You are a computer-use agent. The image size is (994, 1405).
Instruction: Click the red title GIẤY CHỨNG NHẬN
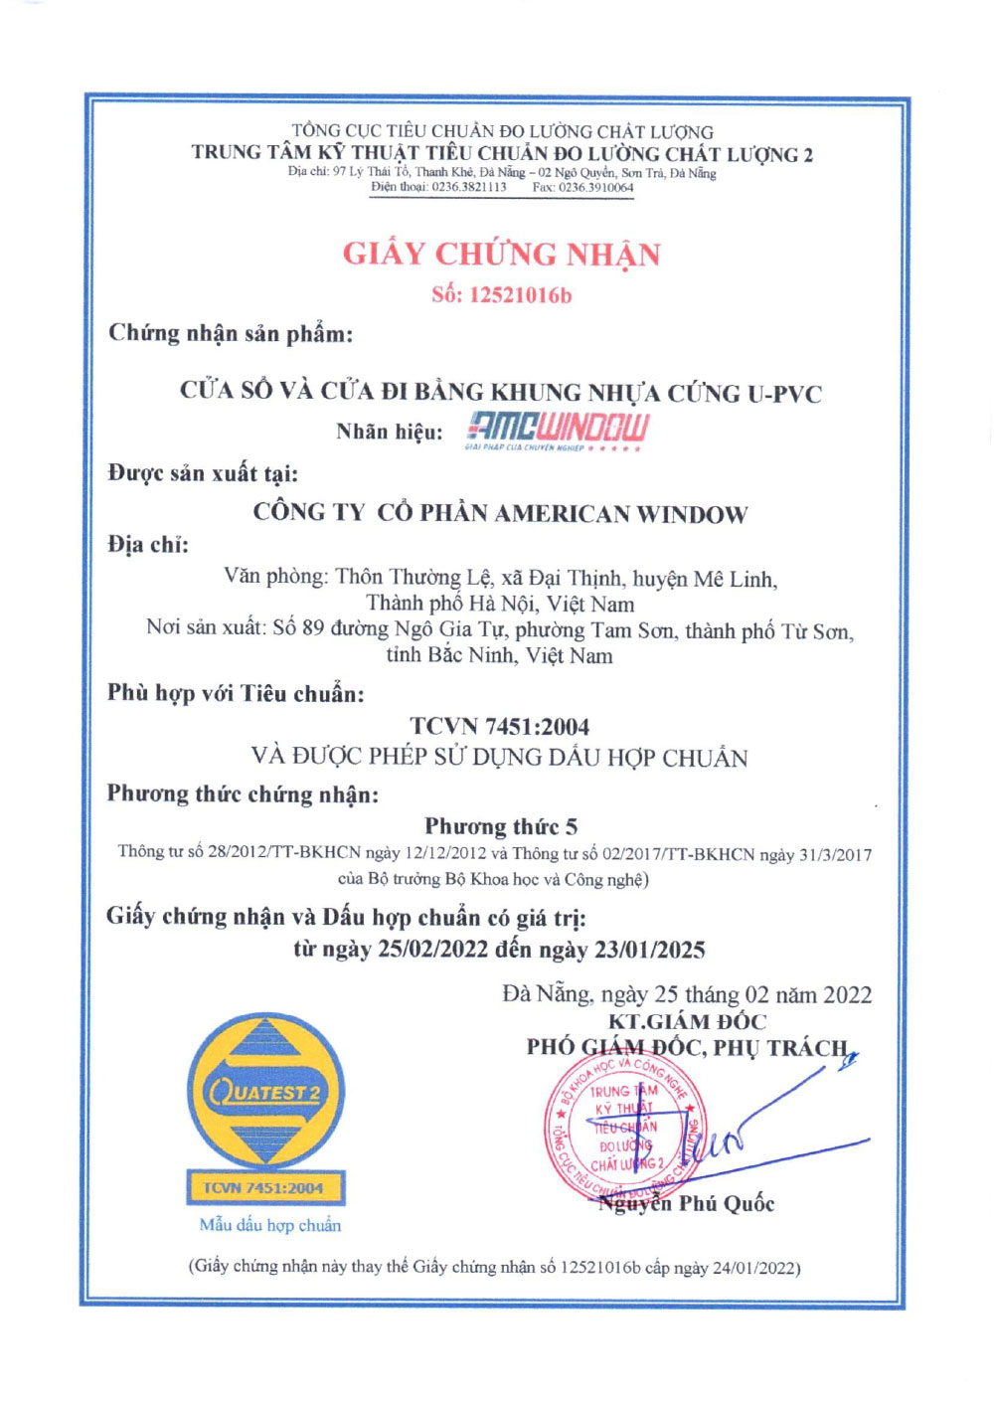click(501, 255)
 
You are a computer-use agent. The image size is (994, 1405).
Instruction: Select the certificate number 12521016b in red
click(521, 295)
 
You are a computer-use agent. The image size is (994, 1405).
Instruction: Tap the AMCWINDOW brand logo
click(558, 430)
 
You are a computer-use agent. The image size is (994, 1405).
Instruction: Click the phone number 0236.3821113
click(469, 187)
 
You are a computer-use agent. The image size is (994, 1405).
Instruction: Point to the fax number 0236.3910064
click(595, 187)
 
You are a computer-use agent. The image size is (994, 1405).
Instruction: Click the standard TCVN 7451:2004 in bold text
click(499, 727)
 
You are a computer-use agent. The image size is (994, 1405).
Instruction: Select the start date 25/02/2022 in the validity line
click(433, 950)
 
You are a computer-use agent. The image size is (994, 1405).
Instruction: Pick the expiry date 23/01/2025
click(650, 950)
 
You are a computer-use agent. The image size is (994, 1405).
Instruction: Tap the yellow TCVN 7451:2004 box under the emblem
click(263, 1187)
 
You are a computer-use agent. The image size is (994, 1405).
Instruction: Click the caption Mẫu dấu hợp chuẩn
click(269, 1225)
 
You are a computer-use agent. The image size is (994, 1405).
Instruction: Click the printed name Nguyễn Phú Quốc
click(686, 1204)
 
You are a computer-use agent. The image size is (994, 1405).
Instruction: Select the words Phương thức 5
click(501, 826)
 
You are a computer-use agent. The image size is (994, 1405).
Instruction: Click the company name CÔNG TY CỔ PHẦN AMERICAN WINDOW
click(500, 514)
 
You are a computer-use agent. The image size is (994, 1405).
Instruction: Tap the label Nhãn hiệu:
click(390, 432)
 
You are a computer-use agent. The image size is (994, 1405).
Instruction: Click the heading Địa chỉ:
click(148, 545)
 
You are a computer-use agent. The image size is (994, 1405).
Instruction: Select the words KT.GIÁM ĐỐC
click(687, 1021)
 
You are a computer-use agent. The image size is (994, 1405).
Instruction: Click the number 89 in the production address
click(313, 629)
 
